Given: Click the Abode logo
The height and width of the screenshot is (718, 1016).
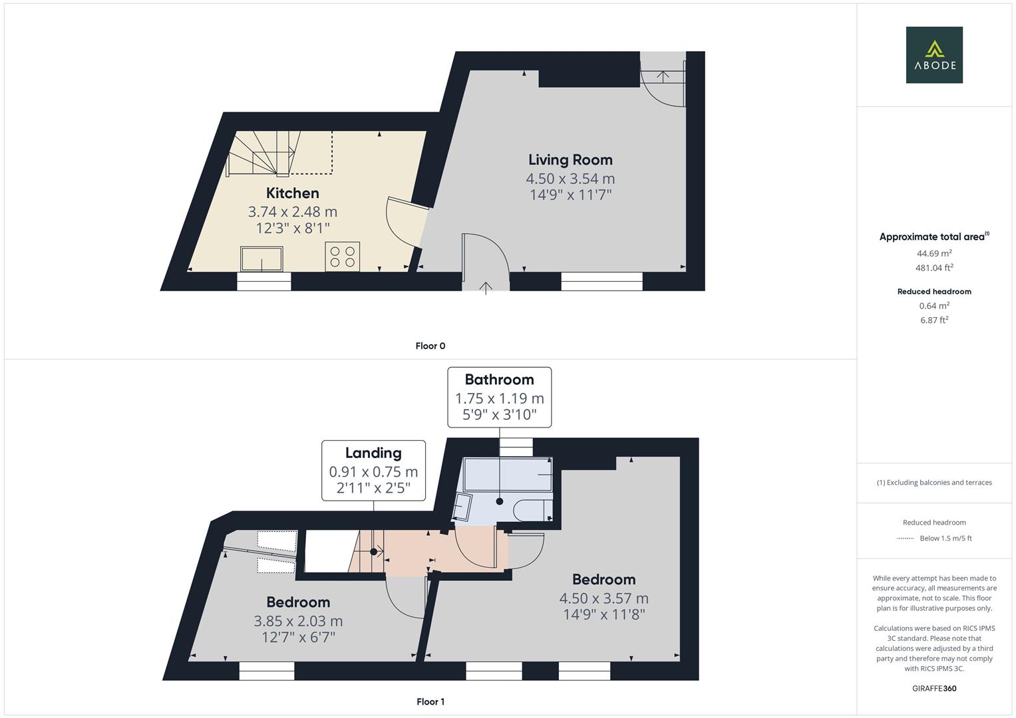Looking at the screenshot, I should (934, 55).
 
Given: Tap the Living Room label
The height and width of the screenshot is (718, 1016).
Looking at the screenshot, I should (570, 160).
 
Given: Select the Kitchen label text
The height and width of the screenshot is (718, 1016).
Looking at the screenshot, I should (293, 193).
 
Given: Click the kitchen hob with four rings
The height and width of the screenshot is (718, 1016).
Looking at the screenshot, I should (342, 257).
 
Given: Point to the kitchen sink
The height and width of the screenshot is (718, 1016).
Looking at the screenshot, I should (261, 259).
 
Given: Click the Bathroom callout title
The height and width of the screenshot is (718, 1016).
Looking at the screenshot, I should (499, 380).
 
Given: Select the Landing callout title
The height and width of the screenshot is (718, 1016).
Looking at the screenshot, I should (373, 453).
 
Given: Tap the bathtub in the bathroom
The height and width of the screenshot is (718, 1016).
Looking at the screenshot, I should (508, 475).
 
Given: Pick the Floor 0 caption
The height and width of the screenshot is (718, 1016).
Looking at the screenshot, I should (430, 346).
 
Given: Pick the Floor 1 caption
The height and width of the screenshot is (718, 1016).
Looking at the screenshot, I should (430, 701).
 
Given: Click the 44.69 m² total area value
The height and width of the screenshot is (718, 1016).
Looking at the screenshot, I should (934, 253).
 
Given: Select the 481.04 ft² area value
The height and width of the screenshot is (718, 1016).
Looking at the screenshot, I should (934, 268).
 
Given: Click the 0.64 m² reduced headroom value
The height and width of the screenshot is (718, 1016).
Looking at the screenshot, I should (934, 306).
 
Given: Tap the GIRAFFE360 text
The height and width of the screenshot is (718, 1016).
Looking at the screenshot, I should (934, 688).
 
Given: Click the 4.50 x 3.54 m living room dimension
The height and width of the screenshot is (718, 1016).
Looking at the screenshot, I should (570, 178).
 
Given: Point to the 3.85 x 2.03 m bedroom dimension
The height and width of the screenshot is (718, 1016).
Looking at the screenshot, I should (298, 621).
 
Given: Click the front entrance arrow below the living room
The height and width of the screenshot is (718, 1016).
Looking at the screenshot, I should (486, 288).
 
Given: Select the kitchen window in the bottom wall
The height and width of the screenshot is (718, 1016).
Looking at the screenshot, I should (264, 283).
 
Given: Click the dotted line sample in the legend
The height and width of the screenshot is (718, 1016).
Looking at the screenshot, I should (906, 538).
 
